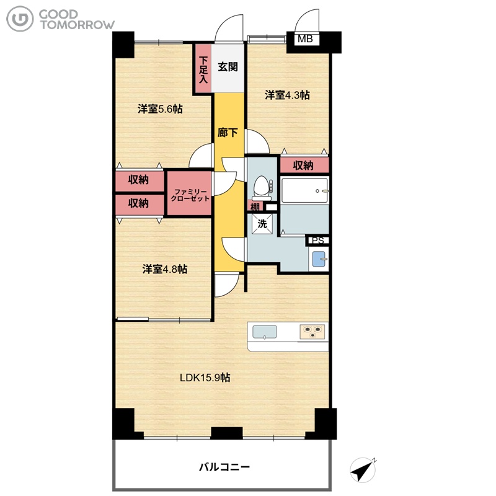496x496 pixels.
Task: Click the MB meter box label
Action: pos(305,39)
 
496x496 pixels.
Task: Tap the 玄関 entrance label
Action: pos(228,67)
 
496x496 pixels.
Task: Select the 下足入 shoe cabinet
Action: pos(203,69)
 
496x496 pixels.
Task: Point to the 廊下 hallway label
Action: pos(228,132)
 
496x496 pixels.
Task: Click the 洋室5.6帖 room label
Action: pos(160,109)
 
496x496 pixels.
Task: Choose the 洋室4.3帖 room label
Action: pos(287,95)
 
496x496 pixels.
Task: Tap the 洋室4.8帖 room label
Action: pos(165,269)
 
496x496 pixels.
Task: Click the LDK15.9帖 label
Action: pos(205,378)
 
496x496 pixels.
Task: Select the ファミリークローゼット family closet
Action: pos(190,193)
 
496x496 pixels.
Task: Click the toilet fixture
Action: pos(262,188)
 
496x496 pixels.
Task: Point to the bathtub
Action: pos(304,190)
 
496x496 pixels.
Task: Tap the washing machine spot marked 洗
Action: pos(262,224)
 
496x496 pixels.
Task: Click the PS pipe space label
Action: pos(318,241)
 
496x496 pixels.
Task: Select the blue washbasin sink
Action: pos(319,259)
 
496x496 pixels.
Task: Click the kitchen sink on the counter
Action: pos(265,332)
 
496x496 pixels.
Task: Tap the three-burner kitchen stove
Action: pos(312,332)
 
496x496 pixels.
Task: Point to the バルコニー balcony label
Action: pos(224,467)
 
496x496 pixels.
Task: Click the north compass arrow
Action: pos(363,470)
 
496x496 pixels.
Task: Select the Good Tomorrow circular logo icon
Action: pos(20,19)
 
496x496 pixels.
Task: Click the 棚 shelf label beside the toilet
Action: pos(255,207)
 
